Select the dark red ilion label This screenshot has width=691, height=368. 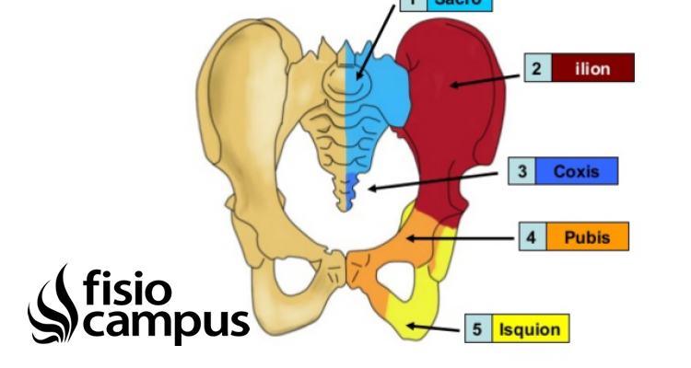(592, 68)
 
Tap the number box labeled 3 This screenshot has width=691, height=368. (521, 171)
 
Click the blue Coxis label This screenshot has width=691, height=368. (576, 171)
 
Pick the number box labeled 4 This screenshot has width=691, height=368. (531, 236)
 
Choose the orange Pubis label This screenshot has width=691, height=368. (586, 236)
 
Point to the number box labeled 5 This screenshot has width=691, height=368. (477, 328)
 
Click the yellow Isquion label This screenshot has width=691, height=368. (530, 328)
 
